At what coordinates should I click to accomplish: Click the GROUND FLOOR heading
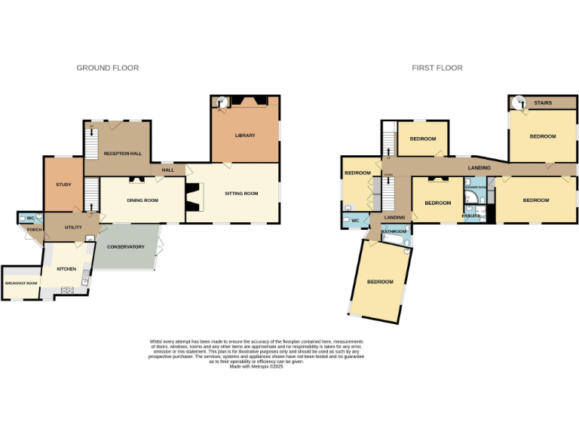[x=107, y=68]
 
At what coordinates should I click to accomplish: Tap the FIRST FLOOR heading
[x=437, y=68]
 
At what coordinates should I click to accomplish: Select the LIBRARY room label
[x=245, y=136]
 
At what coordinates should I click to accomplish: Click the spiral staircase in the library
[x=221, y=102]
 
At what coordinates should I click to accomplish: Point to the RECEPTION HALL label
[x=123, y=154]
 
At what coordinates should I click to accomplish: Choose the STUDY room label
[x=63, y=185]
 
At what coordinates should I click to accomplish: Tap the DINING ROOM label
[x=141, y=200]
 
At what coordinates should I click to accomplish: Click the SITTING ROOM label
[x=241, y=194]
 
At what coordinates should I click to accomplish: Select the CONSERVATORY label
[x=125, y=246]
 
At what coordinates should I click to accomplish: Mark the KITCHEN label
[x=66, y=267]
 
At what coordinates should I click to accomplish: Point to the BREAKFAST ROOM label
[x=20, y=283]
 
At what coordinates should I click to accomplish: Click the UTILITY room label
[x=73, y=227]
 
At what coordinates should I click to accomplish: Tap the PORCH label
[x=33, y=230]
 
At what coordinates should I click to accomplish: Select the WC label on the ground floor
[x=31, y=218]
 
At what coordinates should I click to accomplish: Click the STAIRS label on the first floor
[x=543, y=103]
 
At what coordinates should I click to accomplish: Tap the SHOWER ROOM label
[x=475, y=187]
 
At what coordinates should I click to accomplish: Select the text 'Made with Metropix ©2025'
[x=256, y=366]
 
